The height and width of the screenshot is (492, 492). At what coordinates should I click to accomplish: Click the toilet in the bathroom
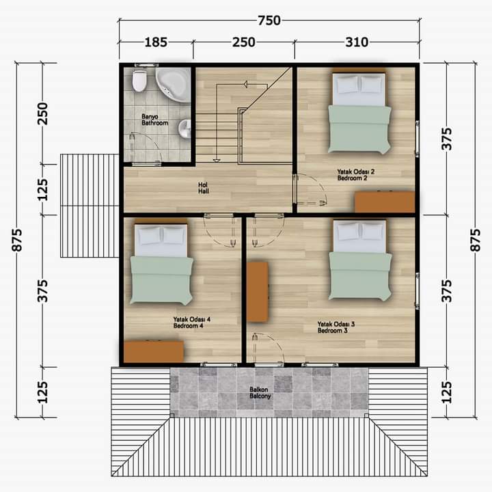[139, 81]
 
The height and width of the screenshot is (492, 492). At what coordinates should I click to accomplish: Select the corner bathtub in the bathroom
[173, 85]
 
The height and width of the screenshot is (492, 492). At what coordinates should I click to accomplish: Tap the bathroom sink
[184, 128]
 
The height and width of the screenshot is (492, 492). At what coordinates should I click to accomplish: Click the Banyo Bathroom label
[154, 120]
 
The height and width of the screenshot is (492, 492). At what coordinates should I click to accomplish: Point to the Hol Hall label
[204, 188]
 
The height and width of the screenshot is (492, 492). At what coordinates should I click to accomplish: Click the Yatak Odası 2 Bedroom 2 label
[356, 175]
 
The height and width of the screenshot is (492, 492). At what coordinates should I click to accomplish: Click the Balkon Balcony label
[260, 392]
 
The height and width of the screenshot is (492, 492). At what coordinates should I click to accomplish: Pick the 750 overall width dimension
[269, 20]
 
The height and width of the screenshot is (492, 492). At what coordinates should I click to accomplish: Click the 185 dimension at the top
[156, 42]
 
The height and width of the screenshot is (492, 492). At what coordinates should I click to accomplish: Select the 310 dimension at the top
[357, 42]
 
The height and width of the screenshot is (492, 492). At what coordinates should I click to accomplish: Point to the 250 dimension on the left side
[42, 113]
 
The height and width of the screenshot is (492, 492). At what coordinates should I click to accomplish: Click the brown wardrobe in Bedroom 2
[385, 202]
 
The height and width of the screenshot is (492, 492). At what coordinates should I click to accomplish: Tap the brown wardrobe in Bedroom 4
[154, 352]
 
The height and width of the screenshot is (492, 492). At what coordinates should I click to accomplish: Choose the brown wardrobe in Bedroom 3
[258, 292]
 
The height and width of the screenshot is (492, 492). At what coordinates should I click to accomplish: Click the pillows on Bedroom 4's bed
[161, 236]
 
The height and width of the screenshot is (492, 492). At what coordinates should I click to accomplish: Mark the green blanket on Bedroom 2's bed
[359, 129]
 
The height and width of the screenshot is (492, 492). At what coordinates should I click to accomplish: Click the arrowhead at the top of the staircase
[245, 84]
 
